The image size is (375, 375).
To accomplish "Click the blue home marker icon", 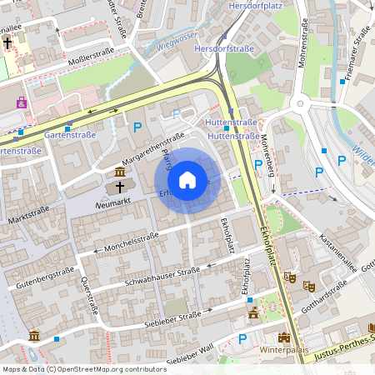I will [187, 180].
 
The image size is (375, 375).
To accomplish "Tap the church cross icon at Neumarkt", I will [120, 187].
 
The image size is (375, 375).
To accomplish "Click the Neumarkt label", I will [114, 203].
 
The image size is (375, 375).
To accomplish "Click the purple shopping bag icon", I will [21, 102].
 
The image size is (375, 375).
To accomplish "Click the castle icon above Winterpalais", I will [284, 337].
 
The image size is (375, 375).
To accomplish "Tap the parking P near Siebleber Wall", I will [242, 339].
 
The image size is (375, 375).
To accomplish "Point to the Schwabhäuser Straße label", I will [162, 276].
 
